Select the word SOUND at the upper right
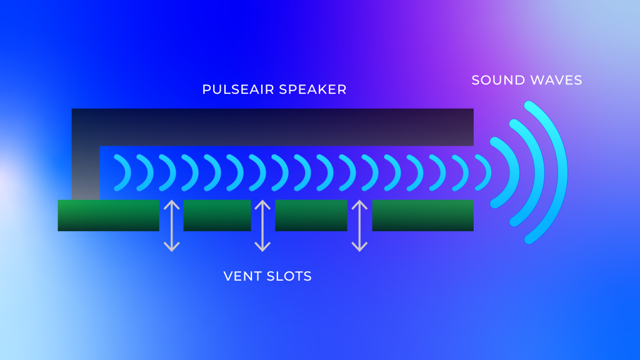pos(494,80)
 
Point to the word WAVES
pos(554,80)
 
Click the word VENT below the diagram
pos(241,276)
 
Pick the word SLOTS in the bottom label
pos(289,276)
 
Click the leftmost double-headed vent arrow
pos(172,226)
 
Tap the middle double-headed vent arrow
pos(262,226)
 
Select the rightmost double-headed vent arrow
pos(359,226)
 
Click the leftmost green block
pos(109,216)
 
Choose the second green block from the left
pos(217,216)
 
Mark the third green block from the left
pos(311,216)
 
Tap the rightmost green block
pos(423,216)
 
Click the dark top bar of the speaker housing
pos(272,127)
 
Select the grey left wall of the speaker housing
pos(86,172)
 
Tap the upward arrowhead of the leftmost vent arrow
pos(172,204)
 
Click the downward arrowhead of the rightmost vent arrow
pos(359,247)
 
